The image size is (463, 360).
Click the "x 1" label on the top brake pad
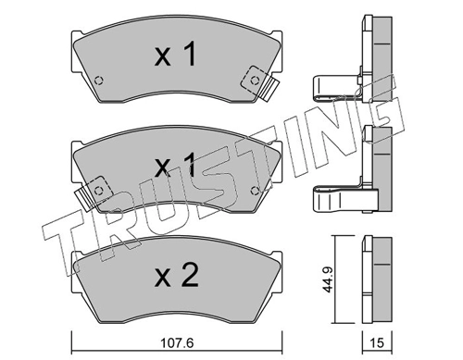[174, 56]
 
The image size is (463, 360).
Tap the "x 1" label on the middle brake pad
[174, 167]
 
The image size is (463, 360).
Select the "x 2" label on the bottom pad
[174, 275]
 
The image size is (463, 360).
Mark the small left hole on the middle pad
[100, 189]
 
